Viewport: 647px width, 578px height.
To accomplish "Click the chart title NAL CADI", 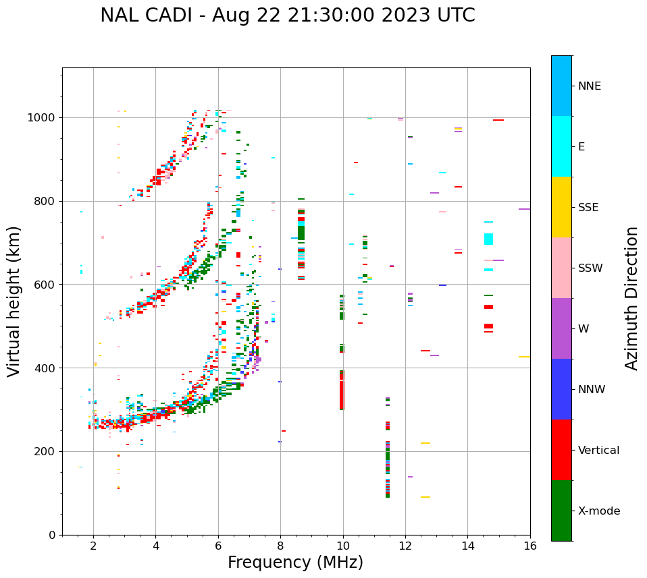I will (287, 16).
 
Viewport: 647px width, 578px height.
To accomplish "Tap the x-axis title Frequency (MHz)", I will (295, 562).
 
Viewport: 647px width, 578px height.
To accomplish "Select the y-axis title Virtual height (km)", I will (14, 301).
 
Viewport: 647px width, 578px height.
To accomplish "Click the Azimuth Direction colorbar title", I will (631, 298).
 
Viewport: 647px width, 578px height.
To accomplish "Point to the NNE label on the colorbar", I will (589, 86).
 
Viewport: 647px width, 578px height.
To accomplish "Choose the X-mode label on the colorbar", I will (599, 511).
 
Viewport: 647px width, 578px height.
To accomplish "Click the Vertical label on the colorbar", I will (598, 451).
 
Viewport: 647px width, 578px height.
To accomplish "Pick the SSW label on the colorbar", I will (590, 268).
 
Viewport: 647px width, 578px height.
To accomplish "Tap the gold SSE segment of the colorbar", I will (561, 207).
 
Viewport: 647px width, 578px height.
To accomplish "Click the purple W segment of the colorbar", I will (561, 328).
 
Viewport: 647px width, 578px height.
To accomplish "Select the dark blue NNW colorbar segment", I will (561, 389).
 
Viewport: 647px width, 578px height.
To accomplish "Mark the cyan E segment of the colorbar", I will (561, 146).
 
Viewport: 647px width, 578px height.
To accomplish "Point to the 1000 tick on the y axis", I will (43, 118).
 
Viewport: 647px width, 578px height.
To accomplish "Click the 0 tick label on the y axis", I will (53, 535).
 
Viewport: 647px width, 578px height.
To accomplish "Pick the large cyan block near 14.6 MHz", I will (488, 239).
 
